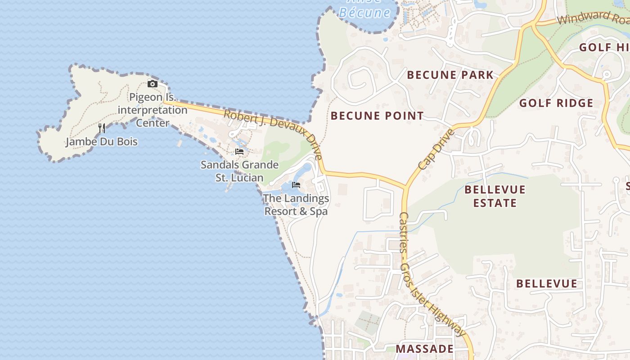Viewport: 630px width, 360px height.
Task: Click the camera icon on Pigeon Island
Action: coord(153,84)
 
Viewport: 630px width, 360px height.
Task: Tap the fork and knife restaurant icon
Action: coord(102,128)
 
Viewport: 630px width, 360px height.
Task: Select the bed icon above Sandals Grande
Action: coord(239,152)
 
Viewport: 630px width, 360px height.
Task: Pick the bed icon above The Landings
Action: coord(296,184)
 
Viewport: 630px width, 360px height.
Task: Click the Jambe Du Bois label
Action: coord(102,142)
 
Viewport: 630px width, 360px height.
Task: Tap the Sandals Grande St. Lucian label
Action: coord(239,171)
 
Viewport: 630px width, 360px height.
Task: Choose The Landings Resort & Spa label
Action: coord(296,205)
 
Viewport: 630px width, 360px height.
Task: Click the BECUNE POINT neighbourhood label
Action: coord(377,116)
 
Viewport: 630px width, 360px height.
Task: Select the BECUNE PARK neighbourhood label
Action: coord(450,75)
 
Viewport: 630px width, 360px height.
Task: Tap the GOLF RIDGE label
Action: coord(556,103)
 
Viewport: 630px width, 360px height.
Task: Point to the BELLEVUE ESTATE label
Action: coord(495,196)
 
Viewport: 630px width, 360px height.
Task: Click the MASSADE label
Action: coord(424,349)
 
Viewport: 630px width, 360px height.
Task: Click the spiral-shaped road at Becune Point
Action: coord(360,81)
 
